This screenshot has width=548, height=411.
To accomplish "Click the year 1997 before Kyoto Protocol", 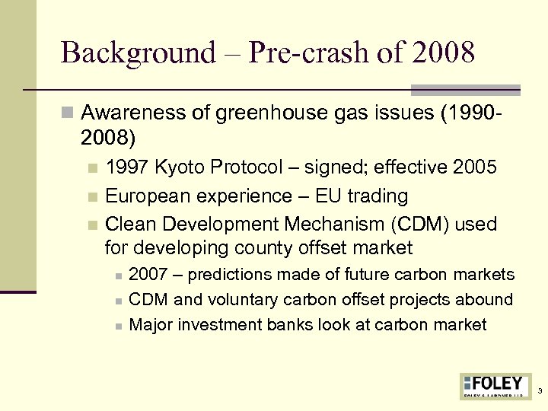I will pyautogui.click(x=127, y=167).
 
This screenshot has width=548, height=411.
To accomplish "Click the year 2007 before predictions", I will pyautogui.click(x=149, y=275).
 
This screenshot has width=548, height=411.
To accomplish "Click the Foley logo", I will pyautogui.click(x=492, y=385).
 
